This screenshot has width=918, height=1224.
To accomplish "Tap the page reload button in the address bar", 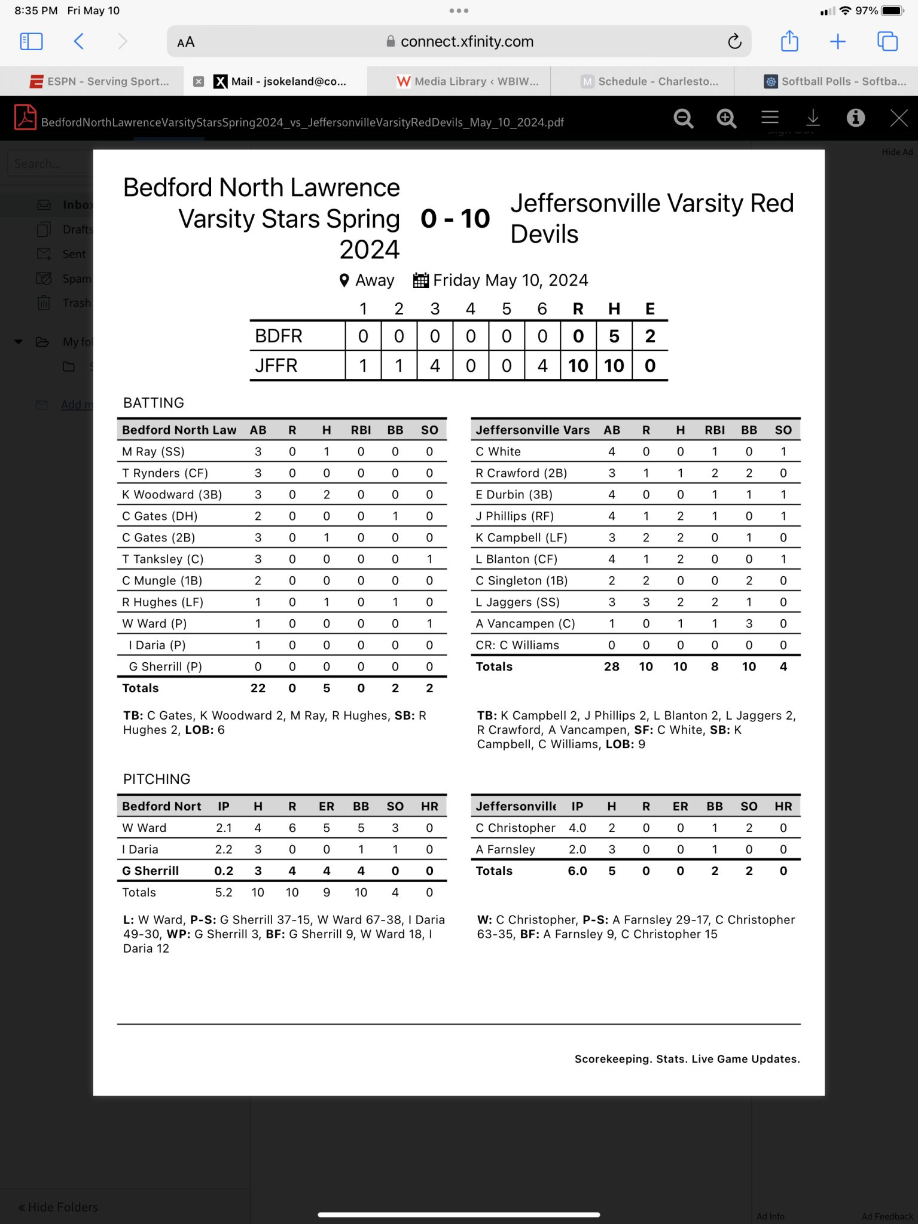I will [734, 41].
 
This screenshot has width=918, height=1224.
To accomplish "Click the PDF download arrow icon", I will [813, 118].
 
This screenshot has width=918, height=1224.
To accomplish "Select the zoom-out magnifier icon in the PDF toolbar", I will [683, 118].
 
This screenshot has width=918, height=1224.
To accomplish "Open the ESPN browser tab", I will [100, 81].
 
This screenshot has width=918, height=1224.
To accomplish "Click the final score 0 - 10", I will [455, 219].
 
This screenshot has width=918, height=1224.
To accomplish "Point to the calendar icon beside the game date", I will [421, 280].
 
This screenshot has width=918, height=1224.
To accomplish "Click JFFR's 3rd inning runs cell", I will [435, 365].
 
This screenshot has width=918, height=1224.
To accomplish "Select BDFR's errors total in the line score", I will [650, 336].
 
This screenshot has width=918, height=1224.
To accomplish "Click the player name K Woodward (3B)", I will [172, 495].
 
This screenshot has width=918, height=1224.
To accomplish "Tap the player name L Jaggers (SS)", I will [517, 602].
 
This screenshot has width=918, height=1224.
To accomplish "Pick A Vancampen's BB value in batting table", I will [749, 624].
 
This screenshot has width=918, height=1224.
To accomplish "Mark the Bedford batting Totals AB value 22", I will [258, 688].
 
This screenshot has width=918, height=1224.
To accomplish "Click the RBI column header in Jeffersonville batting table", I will [715, 430].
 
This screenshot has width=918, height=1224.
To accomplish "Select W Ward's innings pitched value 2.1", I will [224, 828].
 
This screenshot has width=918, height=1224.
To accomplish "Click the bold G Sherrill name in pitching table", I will [151, 871].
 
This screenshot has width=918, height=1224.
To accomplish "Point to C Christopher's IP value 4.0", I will [577, 828].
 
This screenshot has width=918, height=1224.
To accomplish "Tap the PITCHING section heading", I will [157, 779].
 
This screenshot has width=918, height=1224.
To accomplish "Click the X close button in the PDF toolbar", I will [899, 118].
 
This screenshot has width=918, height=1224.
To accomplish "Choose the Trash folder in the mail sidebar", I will [76, 303].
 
